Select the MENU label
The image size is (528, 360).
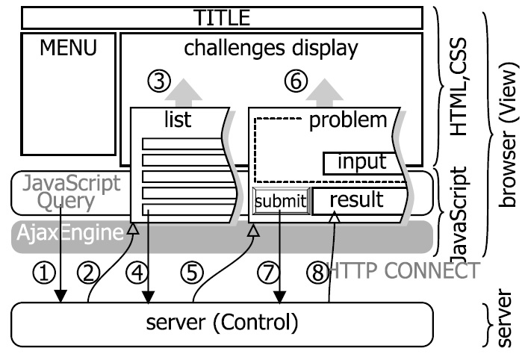(x=68, y=50)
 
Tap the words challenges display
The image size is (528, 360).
(x=271, y=49)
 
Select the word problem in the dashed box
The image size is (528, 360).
(x=349, y=120)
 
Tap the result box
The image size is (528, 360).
(x=356, y=200)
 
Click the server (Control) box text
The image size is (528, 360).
(x=223, y=323)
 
